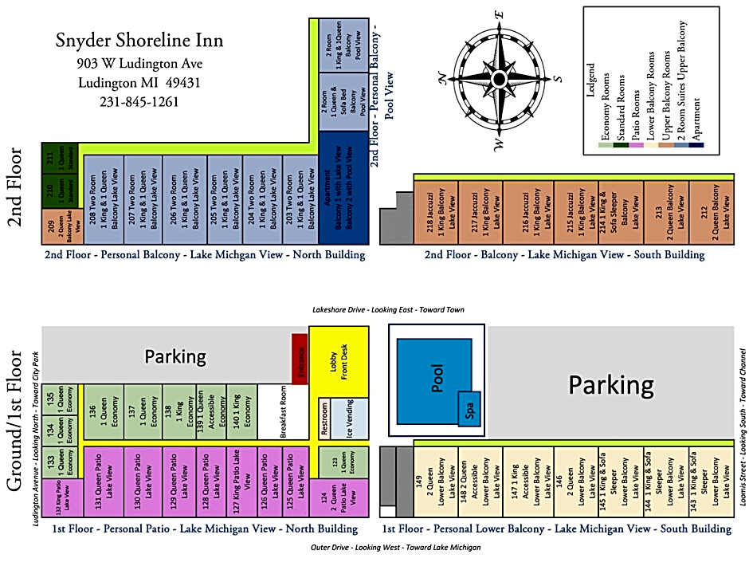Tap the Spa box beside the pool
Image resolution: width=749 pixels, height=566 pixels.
[469, 409]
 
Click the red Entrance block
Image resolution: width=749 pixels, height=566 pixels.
[300, 358]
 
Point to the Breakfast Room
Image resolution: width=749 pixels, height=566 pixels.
[283, 411]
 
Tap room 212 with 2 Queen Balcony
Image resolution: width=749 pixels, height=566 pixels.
[712, 210]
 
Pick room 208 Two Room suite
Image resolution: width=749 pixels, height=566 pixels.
[104, 199]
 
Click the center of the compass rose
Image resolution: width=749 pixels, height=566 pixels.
[499, 78]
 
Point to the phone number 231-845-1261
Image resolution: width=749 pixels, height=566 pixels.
[139, 102]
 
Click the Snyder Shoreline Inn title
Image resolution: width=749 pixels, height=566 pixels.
[139, 41]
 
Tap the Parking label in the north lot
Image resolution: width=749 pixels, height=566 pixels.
[175, 356]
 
